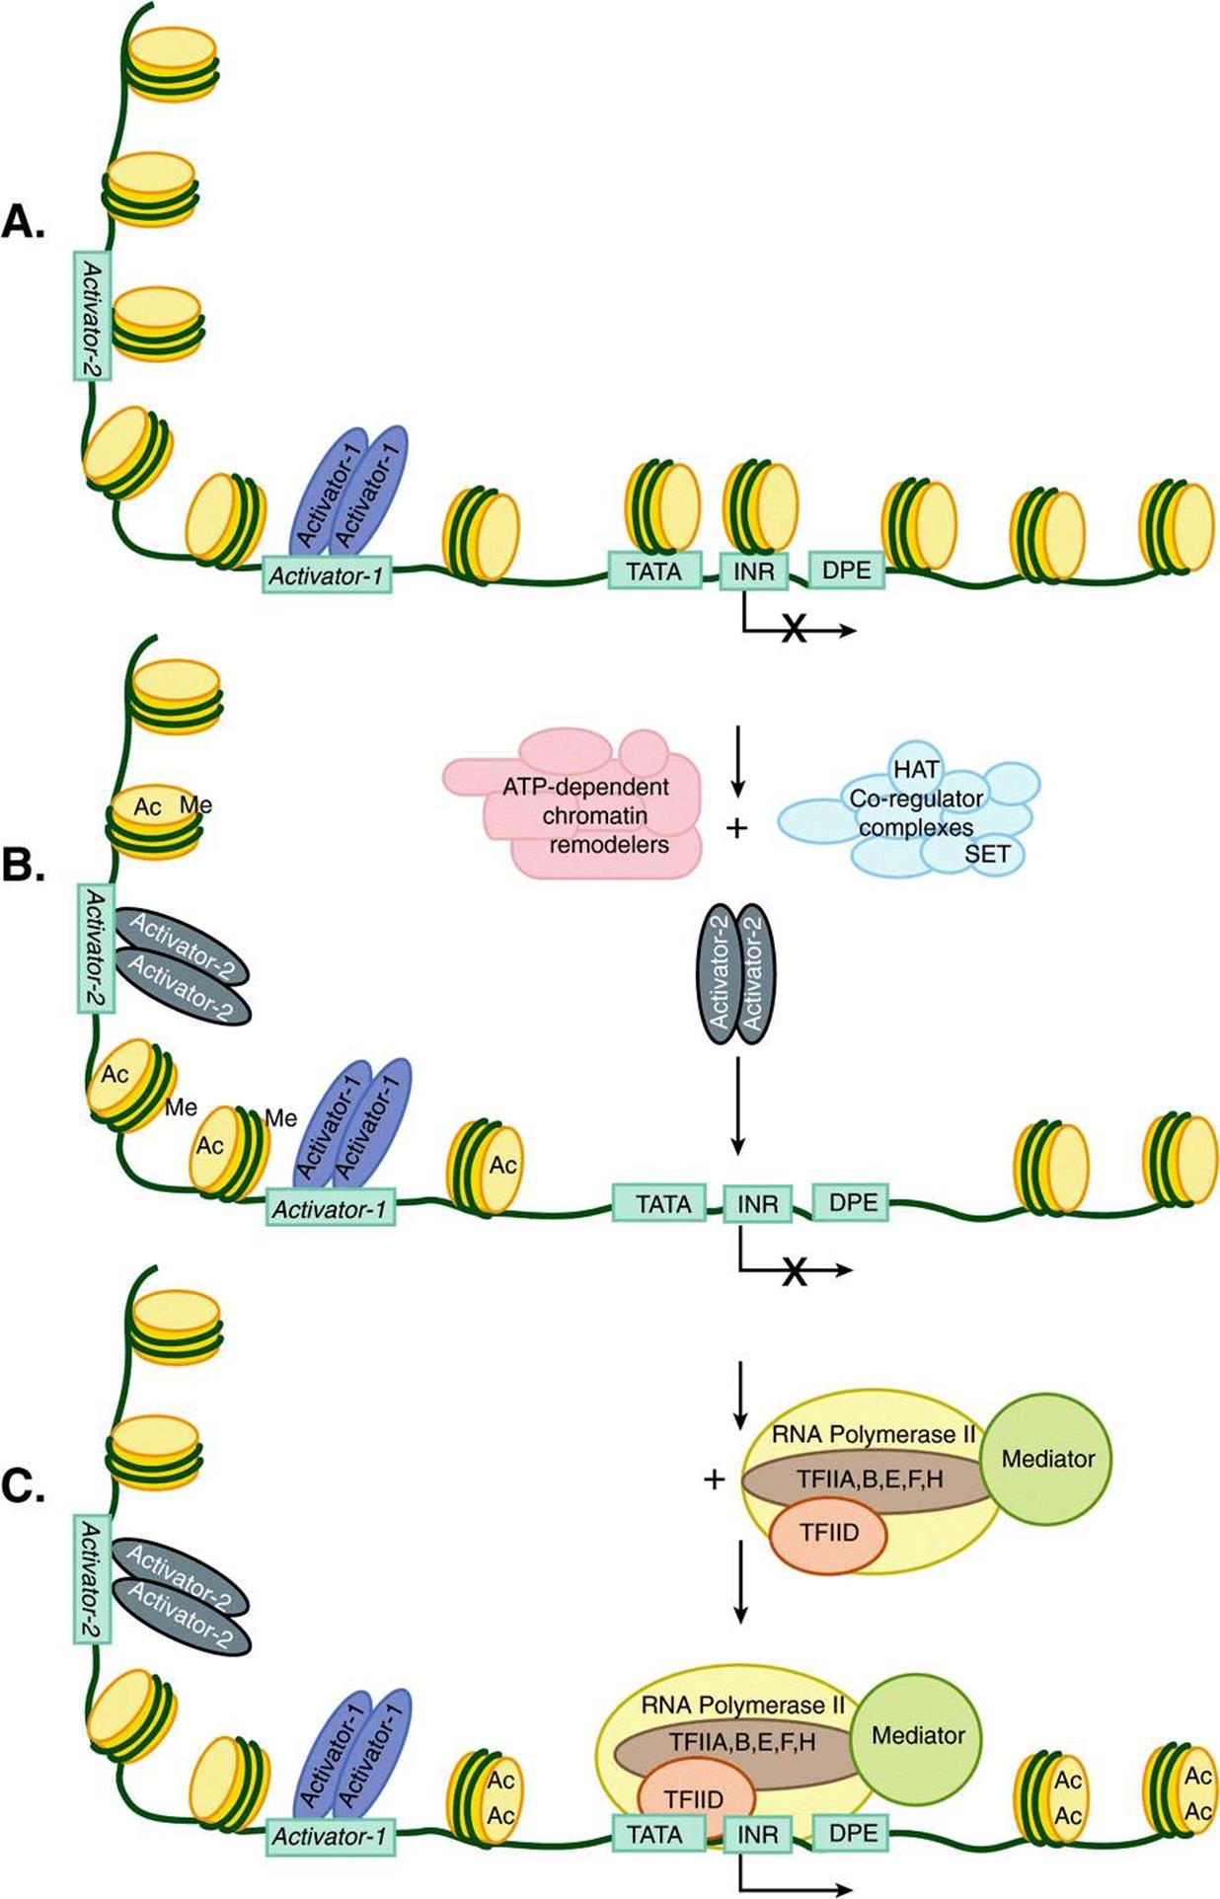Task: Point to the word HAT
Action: point(916,769)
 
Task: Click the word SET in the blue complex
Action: point(987,854)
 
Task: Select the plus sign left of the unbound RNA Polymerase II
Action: point(714,1480)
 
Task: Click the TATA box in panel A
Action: point(654,570)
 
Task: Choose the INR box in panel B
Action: point(757,1204)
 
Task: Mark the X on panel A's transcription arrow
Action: point(793,629)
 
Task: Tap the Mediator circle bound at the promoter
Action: point(918,1735)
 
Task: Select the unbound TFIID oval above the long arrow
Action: point(828,1532)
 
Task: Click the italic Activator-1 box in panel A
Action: point(327,574)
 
